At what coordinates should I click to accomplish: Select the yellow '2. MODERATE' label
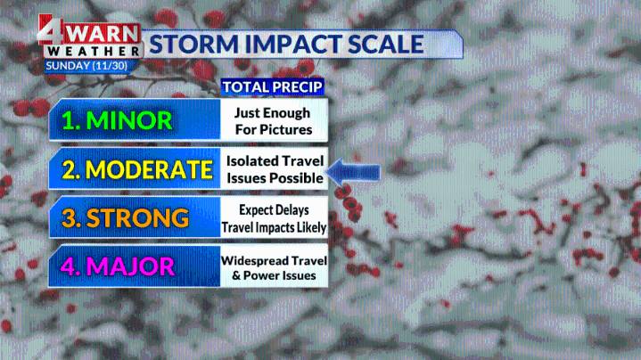click(132, 169)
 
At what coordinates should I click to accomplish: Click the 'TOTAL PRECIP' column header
click(272, 86)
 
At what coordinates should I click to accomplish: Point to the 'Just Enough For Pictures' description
click(274, 121)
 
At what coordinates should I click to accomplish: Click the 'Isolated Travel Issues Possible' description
click(274, 169)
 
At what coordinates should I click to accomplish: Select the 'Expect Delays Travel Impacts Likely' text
click(274, 218)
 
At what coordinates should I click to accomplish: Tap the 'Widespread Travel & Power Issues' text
click(274, 267)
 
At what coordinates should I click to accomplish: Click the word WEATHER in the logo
click(95, 52)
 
